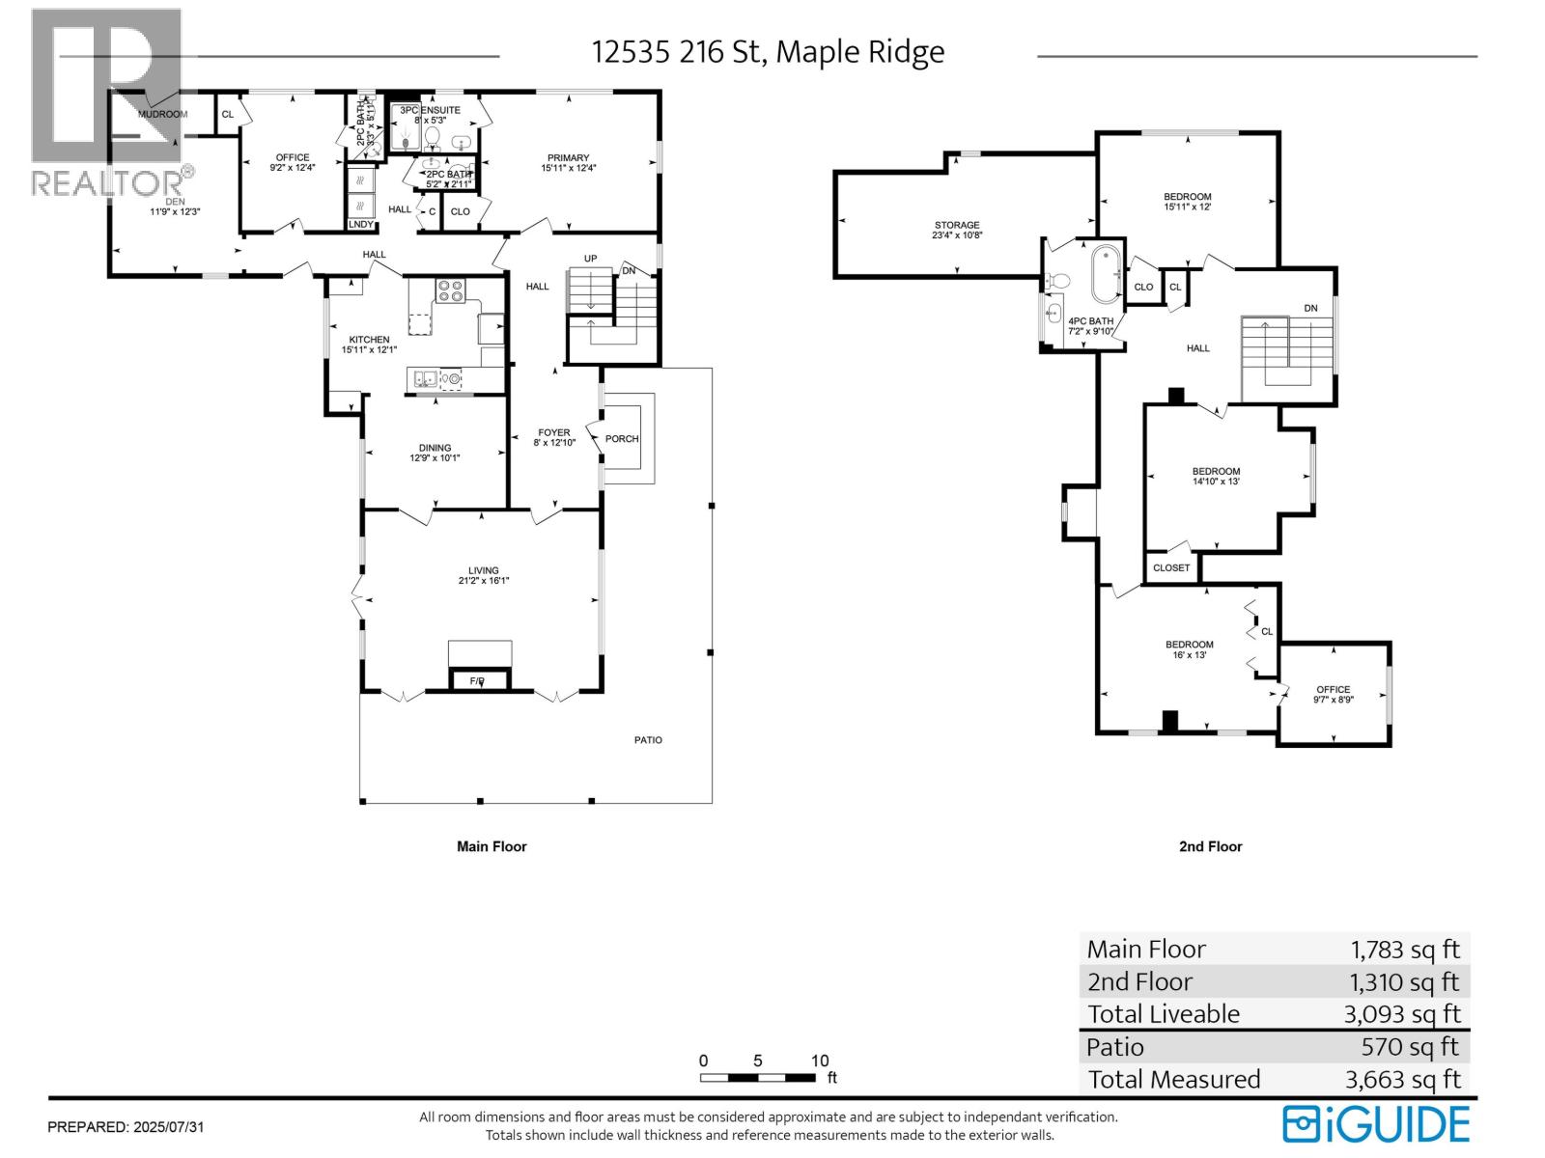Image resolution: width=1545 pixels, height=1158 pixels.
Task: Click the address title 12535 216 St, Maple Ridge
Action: click(768, 51)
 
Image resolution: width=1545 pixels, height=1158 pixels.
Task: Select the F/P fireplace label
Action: click(477, 681)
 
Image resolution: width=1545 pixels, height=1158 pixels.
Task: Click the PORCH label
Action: click(622, 439)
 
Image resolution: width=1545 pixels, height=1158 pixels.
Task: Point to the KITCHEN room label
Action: click(369, 340)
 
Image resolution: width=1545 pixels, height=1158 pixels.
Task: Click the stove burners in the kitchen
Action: click(450, 290)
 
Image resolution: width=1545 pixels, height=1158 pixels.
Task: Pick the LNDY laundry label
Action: click(360, 225)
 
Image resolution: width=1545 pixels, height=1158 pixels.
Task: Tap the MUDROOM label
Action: click(161, 114)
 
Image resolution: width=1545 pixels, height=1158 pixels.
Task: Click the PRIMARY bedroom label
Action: click(568, 158)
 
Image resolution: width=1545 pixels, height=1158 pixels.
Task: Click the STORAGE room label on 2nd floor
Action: click(956, 225)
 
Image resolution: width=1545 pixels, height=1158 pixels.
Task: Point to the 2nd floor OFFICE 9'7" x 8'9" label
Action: click(1334, 690)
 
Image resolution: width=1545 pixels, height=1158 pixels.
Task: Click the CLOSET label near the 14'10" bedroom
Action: click(1171, 567)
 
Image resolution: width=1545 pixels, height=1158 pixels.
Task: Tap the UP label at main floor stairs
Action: click(591, 259)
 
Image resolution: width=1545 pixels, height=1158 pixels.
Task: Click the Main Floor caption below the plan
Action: click(492, 846)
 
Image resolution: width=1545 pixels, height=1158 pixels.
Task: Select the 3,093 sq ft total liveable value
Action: click(1401, 1014)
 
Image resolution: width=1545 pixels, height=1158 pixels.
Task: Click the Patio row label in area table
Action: click(1115, 1047)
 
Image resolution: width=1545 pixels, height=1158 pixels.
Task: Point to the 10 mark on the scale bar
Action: click(820, 1061)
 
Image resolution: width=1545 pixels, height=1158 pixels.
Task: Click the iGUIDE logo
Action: click(1376, 1125)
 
